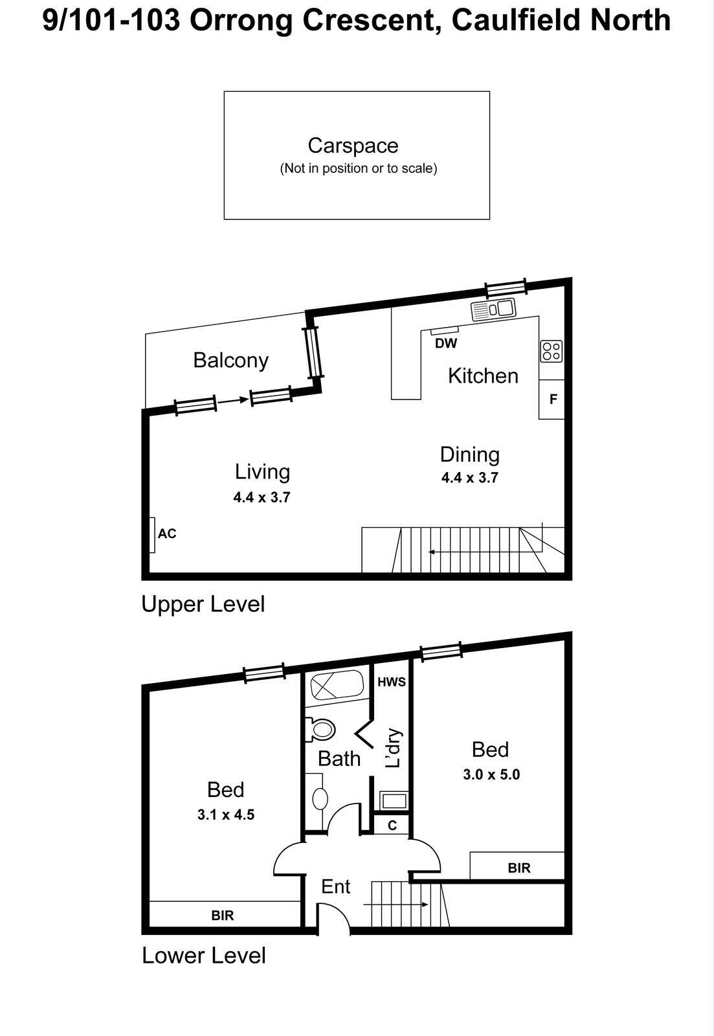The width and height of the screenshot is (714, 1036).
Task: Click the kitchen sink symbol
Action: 493,310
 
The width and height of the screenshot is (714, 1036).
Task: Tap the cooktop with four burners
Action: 552,352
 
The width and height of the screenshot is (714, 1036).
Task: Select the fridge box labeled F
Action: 552,400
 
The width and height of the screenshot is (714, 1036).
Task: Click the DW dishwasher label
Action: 446,344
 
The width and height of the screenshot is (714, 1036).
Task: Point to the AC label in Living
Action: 167,534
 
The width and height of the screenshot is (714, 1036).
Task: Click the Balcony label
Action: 230,360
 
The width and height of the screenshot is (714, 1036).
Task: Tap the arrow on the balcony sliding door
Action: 233,401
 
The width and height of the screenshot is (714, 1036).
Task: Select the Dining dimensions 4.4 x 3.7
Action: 469,479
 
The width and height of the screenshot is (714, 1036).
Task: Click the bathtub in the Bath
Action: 337,685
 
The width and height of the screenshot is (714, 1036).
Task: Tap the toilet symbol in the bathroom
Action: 320,730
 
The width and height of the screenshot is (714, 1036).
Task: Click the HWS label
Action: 391,682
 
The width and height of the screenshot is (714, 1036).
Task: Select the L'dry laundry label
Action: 393,749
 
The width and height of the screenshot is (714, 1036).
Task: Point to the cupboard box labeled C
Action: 392,826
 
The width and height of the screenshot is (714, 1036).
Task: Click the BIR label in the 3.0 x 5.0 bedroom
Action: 519,868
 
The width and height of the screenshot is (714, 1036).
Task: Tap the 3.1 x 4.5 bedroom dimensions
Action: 226,815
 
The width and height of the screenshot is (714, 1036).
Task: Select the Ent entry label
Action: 335,886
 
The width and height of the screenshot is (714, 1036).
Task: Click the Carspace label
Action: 353,146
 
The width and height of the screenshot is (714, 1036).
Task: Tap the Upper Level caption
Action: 203,605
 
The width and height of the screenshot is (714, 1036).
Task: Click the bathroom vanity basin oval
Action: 320,798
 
